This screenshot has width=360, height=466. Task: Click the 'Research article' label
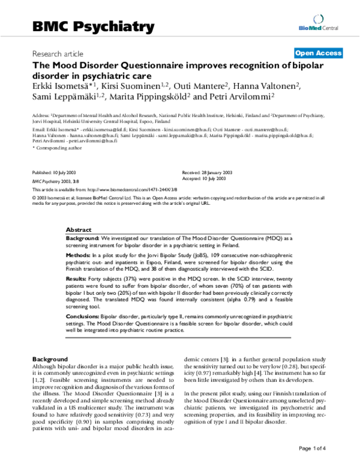coord(58,53)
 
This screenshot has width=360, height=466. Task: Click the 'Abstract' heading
coord(78,230)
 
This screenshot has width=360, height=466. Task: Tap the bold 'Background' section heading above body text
coord(49,358)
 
